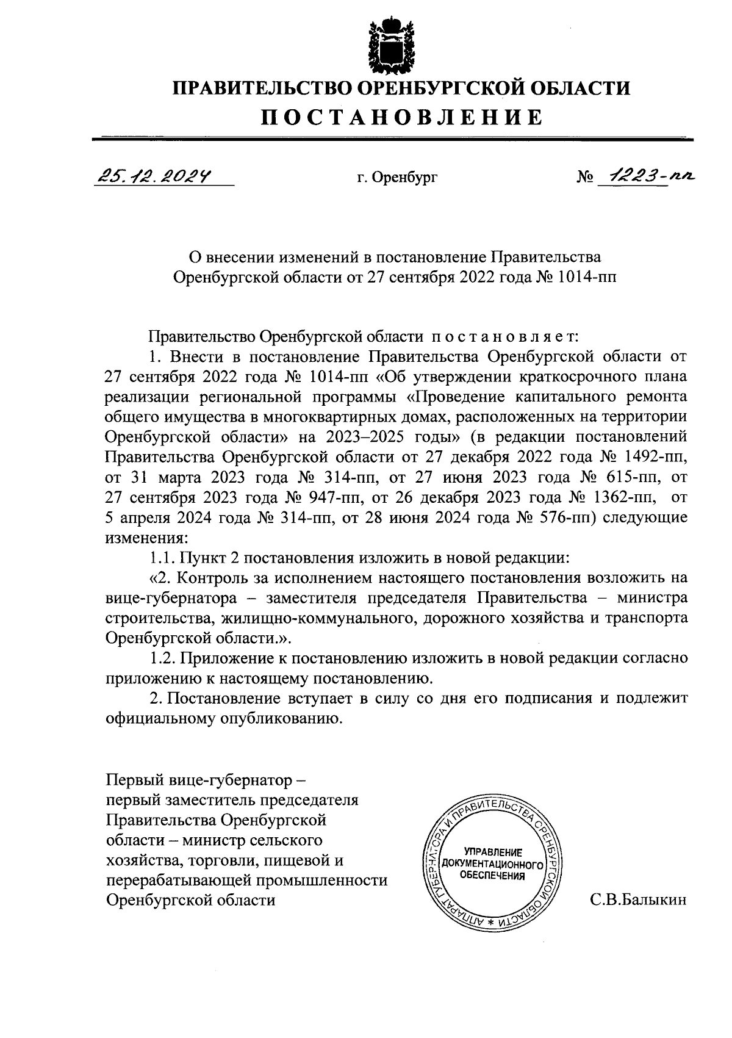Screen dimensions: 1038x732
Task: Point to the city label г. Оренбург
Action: coord(397,178)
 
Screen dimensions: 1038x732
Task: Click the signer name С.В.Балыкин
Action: coord(638,899)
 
